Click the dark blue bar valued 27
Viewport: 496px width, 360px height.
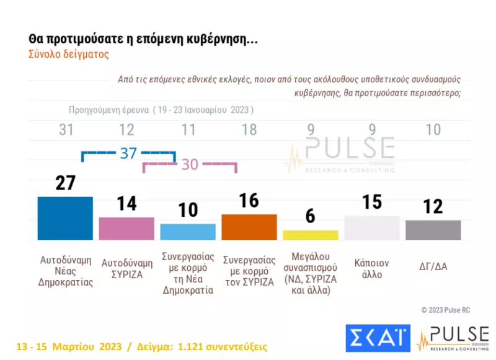pos(65,217)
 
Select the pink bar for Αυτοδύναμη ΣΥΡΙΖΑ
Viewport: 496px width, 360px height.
pos(126,228)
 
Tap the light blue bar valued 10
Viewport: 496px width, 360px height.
pos(188,231)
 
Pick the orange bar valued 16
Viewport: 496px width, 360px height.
pos(249,227)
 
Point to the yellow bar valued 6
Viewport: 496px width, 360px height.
pos(311,235)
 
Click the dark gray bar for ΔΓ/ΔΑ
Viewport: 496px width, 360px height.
pos(433,229)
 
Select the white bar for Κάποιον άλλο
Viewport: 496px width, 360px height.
pos(372,227)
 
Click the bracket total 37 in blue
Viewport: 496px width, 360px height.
pos(128,153)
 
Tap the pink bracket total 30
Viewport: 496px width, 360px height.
pos(189,165)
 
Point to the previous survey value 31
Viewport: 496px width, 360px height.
pos(65,130)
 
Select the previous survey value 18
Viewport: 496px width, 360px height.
pos(249,130)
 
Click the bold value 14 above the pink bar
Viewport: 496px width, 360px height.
pos(126,204)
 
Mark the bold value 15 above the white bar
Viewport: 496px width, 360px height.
pos(372,203)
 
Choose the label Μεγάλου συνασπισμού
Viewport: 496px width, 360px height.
pos(311,272)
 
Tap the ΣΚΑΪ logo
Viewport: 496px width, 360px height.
pos(376,336)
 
